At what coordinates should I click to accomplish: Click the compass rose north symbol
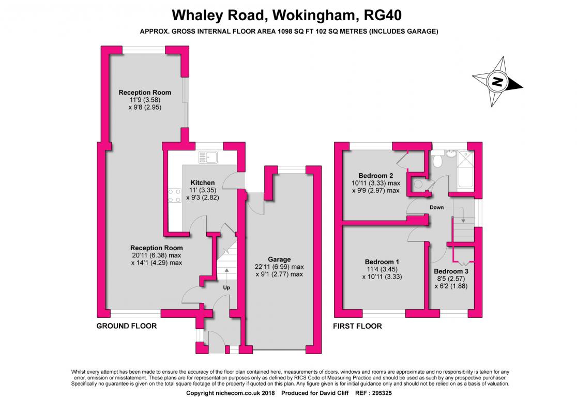point(497,81)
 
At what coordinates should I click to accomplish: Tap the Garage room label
point(279,259)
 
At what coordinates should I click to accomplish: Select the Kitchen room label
point(202,182)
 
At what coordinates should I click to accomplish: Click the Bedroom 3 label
point(451,271)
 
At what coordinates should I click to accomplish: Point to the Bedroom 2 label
point(376,176)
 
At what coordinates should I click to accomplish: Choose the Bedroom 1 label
point(382,262)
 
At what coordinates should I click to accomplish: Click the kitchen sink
point(208,158)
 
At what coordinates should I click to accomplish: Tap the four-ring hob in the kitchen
point(175,195)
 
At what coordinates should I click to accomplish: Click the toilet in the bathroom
point(437,160)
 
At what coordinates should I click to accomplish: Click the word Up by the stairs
point(226,287)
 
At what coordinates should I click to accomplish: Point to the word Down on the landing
point(437,207)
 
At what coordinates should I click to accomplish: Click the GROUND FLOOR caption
point(127,326)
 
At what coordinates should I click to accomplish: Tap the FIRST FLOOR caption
point(357,326)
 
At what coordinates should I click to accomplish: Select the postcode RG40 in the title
point(383,15)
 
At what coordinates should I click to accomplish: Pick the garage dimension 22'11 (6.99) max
point(279,267)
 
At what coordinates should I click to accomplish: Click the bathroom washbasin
point(450,153)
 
